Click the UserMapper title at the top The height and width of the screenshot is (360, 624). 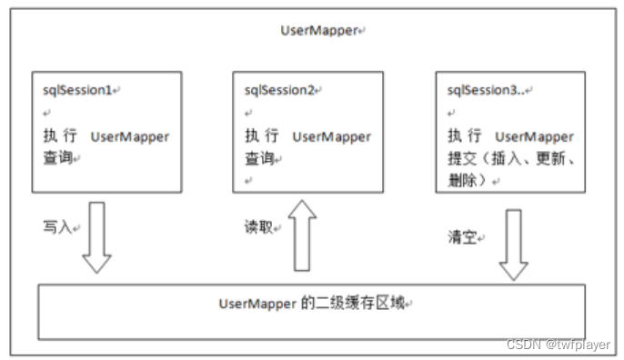318,30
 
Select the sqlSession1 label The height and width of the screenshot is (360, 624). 78,91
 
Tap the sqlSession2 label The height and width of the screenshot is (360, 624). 279,91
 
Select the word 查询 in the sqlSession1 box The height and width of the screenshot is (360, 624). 56,157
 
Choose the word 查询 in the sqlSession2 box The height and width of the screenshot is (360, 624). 259,157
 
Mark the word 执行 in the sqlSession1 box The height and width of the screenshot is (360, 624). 56,136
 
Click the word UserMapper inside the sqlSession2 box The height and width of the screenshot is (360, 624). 331,136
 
